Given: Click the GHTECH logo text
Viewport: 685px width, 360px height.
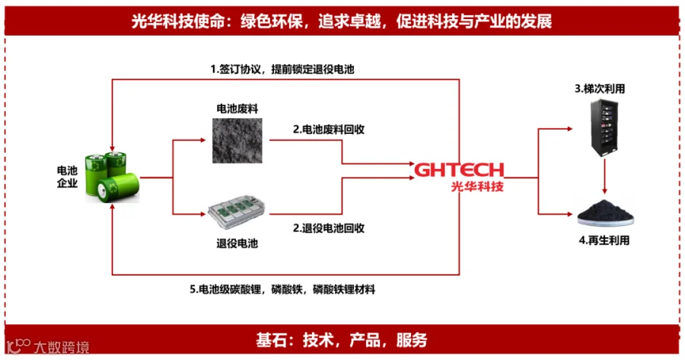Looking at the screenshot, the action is [x=460, y=168].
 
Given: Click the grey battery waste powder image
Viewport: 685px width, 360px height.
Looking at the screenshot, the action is [x=237, y=141].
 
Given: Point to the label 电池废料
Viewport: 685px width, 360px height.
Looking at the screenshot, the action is [x=237, y=109].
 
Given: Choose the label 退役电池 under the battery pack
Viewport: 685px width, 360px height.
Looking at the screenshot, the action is [x=237, y=244].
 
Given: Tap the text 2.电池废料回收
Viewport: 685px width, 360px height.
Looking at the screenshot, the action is [x=330, y=129].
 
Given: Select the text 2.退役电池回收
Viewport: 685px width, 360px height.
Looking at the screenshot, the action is [x=330, y=228].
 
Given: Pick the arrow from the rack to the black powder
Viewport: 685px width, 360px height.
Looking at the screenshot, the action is [x=604, y=177].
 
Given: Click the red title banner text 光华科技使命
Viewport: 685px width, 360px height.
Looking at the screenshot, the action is [x=342, y=21].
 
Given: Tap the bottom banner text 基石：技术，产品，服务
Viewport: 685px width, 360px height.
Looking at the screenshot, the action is [x=342, y=339].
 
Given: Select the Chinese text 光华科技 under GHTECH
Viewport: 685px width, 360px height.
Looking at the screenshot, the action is [x=476, y=186].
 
